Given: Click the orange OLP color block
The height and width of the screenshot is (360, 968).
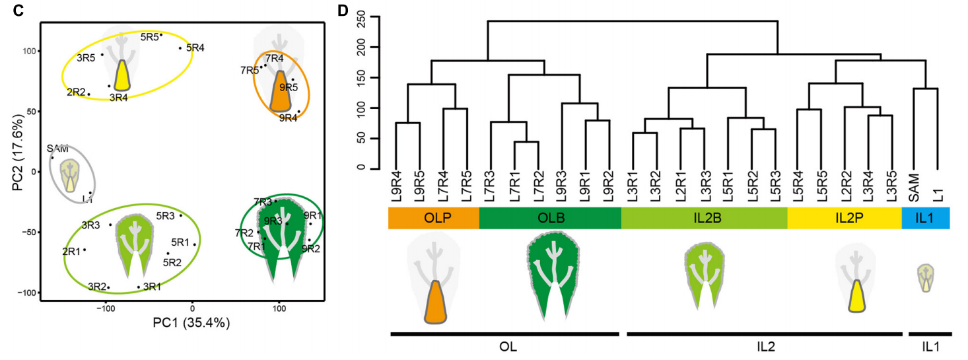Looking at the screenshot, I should pos(433,219).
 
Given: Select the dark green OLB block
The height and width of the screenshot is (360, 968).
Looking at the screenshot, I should pos(549,219).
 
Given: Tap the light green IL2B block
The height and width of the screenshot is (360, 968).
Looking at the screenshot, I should pos(704,219).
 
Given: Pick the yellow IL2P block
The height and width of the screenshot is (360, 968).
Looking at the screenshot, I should pos(844,219).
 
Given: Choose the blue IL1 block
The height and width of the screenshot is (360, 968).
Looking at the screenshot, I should pos(925,219).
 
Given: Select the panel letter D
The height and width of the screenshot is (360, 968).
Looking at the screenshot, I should pos(342,11).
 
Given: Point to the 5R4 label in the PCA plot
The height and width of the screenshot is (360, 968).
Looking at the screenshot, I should pos(195,48).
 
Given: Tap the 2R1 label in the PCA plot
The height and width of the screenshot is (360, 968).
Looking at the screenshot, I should pos(71,251).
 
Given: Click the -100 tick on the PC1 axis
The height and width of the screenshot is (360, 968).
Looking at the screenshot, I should pos(105,306).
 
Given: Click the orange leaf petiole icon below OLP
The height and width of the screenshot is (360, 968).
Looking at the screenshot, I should pos(433,302).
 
